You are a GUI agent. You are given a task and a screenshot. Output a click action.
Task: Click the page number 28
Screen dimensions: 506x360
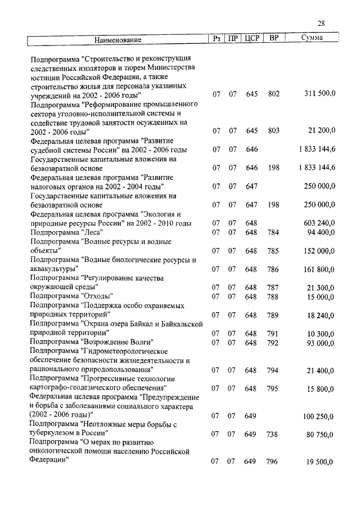321,23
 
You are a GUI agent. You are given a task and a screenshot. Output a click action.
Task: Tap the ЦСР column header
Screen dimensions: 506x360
251,39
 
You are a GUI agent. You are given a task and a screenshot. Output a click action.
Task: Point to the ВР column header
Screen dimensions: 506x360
273,39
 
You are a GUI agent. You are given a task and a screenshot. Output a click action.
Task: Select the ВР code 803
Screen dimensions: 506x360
273,130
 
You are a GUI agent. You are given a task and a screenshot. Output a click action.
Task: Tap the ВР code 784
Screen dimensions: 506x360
273,232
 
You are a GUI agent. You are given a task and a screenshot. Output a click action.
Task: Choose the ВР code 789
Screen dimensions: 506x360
273,315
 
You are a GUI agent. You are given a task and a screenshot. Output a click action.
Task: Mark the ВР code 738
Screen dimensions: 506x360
273,434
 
